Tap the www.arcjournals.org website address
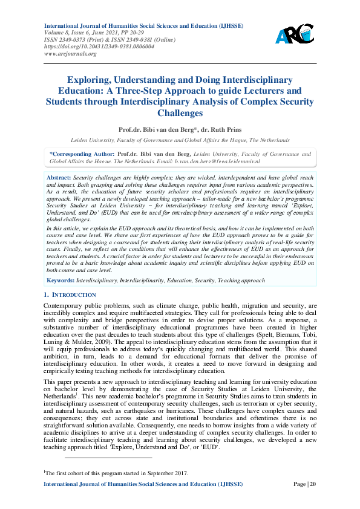[x=70, y=54]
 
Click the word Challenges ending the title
[x=180, y=113]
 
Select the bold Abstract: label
[x=59, y=176]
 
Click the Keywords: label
[x=60, y=280]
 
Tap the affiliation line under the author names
[x=180, y=140]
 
